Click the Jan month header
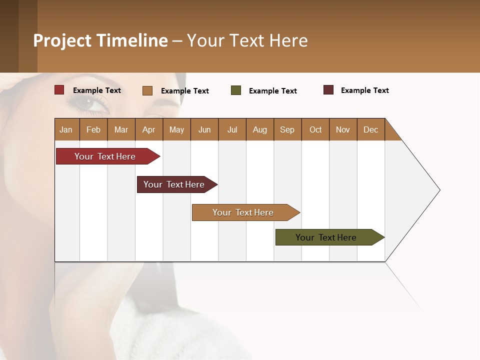[x=66, y=129]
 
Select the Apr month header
[x=149, y=129]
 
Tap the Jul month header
[x=232, y=129]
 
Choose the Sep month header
[x=287, y=129]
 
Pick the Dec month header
[x=370, y=129]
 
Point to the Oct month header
[x=315, y=129]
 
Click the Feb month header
[x=93, y=129]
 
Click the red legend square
[x=59, y=90]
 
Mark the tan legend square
[x=147, y=90]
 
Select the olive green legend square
[x=236, y=90]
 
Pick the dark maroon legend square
[x=328, y=90]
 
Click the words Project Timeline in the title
[x=100, y=40]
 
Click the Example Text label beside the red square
[x=97, y=90]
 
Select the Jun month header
[x=204, y=129]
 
